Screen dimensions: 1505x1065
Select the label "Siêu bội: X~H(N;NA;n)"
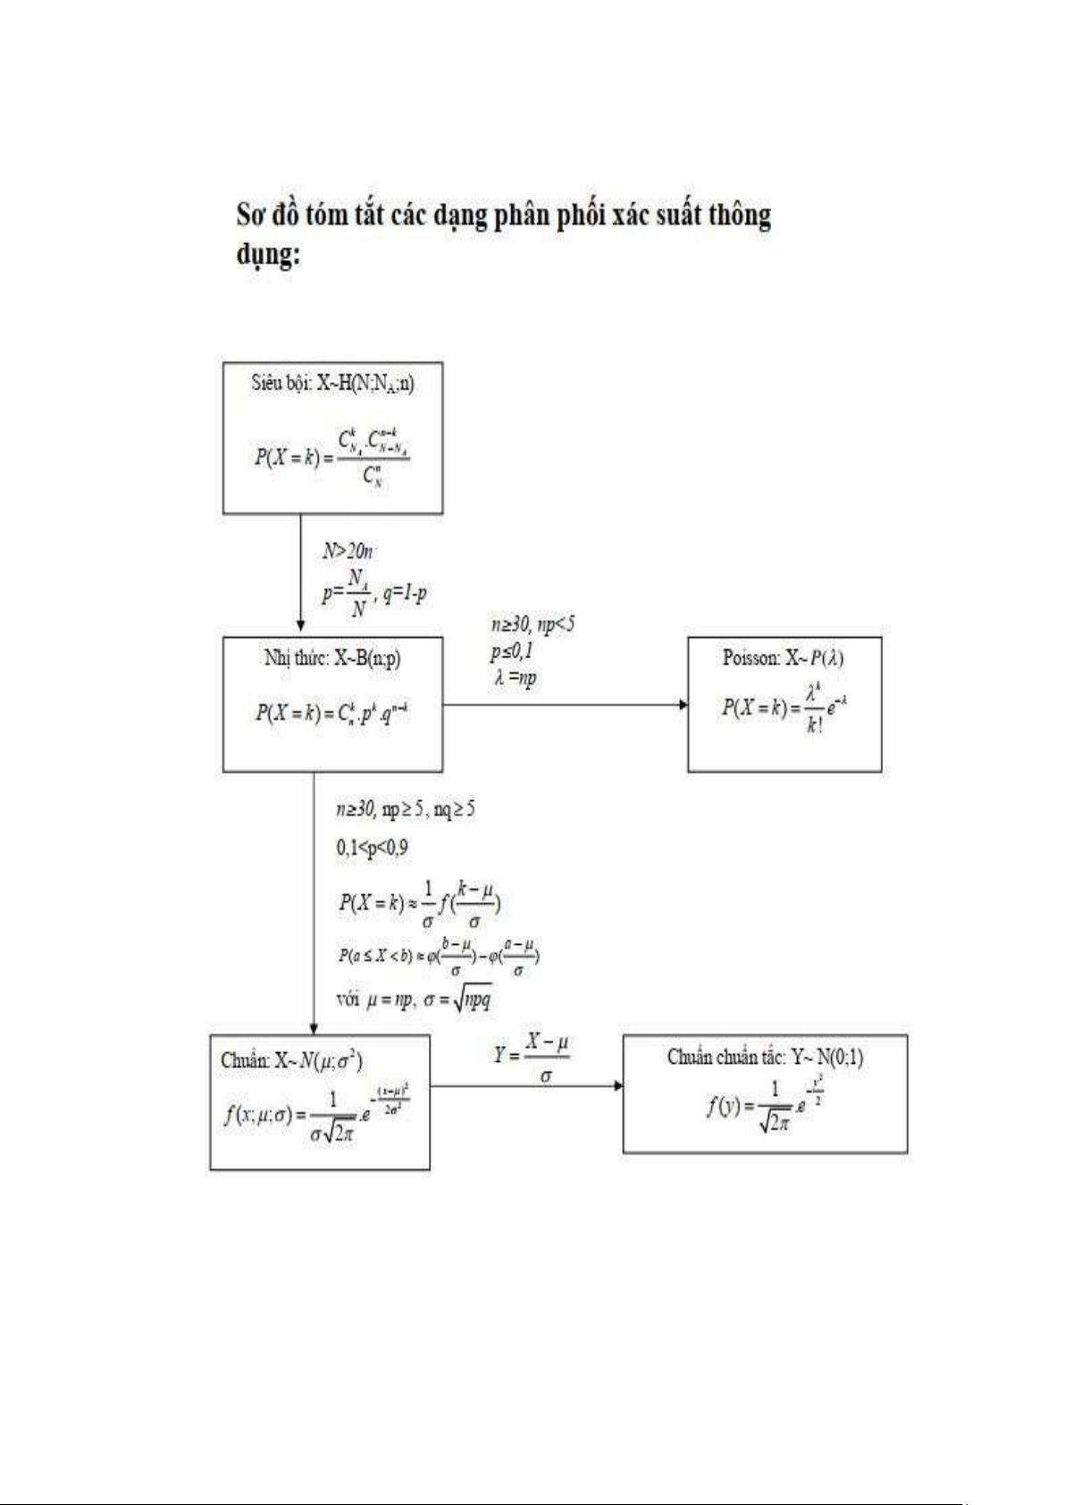point(332,383)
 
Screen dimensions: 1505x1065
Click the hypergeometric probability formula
point(332,456)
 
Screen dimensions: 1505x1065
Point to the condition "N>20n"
point(348,551)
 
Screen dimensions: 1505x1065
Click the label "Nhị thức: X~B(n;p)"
point(332,658)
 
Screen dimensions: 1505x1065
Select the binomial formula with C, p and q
point(332,713)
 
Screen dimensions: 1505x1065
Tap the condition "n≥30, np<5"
point(532,624)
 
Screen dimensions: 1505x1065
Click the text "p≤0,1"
point(511,651)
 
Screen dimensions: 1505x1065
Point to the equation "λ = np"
point(515,678)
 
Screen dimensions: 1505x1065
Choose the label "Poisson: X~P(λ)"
point(784,658)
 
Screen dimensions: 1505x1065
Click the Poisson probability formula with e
point(784,707)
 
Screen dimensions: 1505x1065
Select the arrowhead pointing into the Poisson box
point(683,705)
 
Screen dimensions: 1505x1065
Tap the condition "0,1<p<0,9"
point(372,847)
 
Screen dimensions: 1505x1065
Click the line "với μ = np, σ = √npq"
point(414,999)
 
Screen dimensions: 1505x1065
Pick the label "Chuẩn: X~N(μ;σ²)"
point(291,1060)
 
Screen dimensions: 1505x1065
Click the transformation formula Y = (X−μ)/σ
point(532,1058)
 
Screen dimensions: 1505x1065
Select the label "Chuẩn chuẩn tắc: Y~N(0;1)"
point(765,1058)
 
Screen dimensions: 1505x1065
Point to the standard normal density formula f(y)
point(765,1107)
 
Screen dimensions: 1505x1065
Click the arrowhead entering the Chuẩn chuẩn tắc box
point(617,1085)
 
